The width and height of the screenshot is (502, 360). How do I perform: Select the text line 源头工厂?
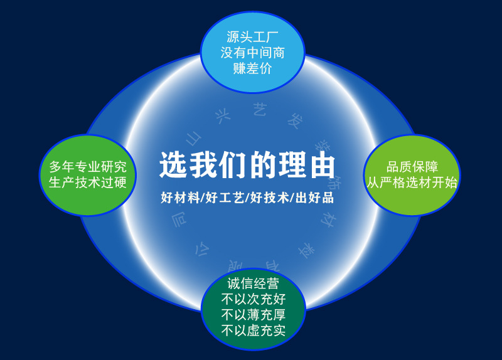coord(252,37)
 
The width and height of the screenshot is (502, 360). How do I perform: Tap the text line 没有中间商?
coord(252,53)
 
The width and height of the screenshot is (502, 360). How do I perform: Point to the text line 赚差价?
coord(252,68)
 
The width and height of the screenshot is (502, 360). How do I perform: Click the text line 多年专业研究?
coord(88,167)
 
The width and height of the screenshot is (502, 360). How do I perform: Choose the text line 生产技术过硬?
coord(88,183)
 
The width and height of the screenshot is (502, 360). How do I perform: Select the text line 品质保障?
coord(412,167)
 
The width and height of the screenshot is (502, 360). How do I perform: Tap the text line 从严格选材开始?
coord(412,183)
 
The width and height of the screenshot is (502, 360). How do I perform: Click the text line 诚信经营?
coord(253,283)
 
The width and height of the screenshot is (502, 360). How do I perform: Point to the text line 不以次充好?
coord(253,299)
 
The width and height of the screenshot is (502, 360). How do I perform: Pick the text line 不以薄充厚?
coord(253,314)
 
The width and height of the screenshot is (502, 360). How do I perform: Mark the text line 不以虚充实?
coord(253,330)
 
